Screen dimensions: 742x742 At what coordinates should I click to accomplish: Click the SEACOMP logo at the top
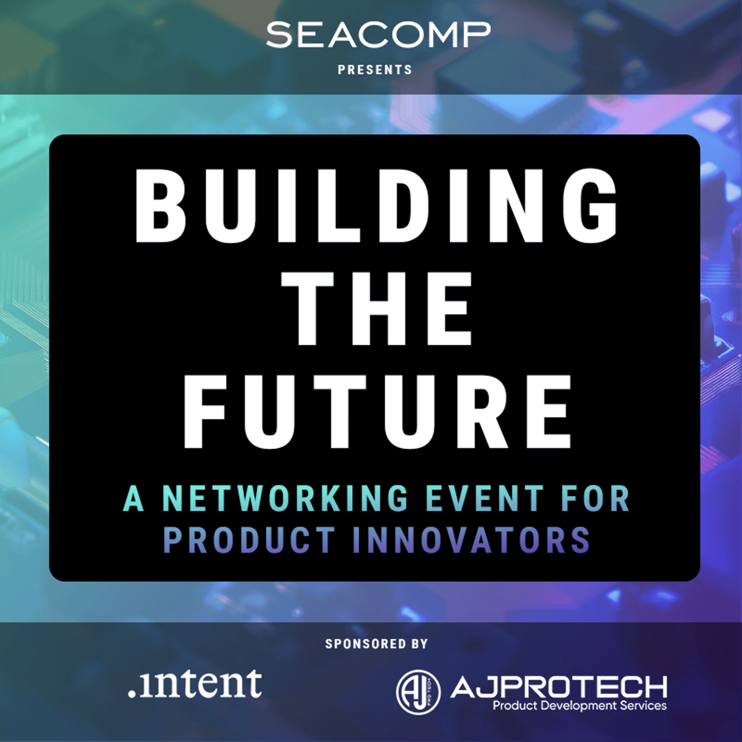pyautogui.click(x=378, y=35)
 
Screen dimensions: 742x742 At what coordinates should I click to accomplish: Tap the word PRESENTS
pyautogui.click(x=375, y=70)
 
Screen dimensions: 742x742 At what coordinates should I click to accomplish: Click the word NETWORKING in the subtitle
pyautogui.click(x=285, y=499)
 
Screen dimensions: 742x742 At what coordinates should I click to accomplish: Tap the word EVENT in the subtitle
pyautogui.click(x=485, y=499)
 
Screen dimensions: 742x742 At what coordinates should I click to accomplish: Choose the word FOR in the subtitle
pyautogui.click(x=595, y=499)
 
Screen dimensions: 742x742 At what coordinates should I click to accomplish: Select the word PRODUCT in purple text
pyautogui.click(x=249, y=540)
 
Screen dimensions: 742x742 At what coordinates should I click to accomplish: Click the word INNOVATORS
pyautogui.click(x=471, y=540)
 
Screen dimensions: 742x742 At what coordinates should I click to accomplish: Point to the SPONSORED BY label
pyautogui.click(x=376, y=644)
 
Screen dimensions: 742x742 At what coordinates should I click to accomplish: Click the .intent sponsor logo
pyautogui.click(x=195, y=683)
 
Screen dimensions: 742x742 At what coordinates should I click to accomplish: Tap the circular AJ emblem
pyautogui.click(x=418, y=692)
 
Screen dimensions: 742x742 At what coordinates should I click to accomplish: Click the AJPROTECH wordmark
pyautogui.click(x=559, y=687)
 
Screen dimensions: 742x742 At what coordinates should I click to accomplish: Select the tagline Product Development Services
pyautogui.click(x=580, y=706)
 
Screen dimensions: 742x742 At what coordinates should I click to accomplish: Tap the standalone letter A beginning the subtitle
pyautogui.click(x=134, y=499)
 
